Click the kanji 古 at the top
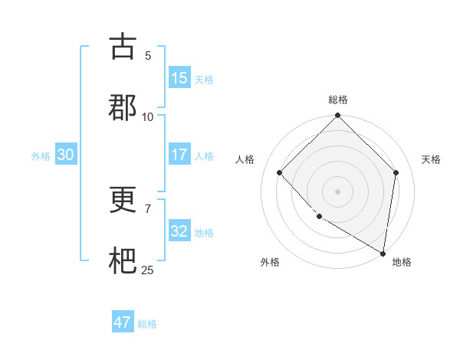coord(123,47)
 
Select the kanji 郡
coord(123,107)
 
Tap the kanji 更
coord(123,201)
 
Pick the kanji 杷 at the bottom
coord(123,261)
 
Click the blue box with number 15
coord(179,78)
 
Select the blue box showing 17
coord(179,155)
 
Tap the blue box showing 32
coord(179,231)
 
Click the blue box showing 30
coord(65,155)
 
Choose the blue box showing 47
coord(123,322)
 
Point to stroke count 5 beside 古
coord(148,55)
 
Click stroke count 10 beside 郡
coord(148,116)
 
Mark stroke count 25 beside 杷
coord(148,270)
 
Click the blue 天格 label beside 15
coord(204,79)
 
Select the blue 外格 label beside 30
coord(41,155)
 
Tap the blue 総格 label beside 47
coord(147,324)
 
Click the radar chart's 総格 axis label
coord(338,100)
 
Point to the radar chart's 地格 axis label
coord(402,262)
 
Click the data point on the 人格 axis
coord(280,172)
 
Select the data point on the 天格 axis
coord(396,172)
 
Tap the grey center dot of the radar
coord(338,191)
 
